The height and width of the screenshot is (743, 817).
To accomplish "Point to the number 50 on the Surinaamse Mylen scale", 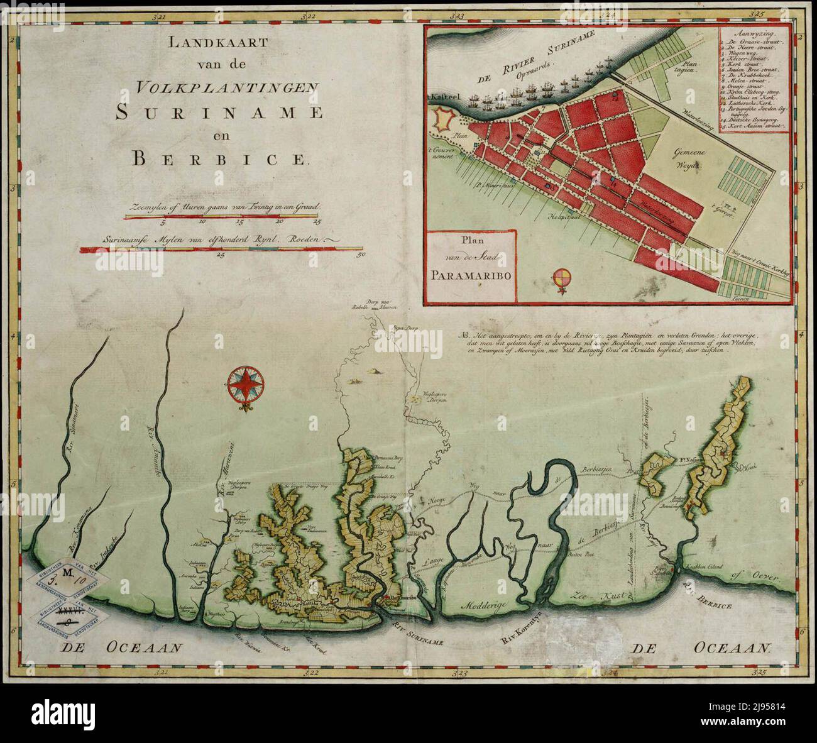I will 360,256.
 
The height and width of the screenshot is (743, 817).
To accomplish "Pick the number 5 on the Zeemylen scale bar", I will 163,222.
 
